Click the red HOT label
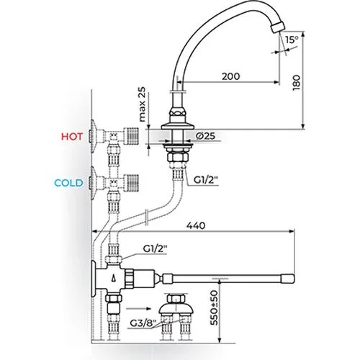point(72,137)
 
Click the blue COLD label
point(68,183)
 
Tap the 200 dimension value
point(230,76)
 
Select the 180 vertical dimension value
point(297,82)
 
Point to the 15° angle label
point(292,40)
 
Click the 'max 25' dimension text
point(143,104)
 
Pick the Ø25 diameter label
point(205,136)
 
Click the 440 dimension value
point(196,225)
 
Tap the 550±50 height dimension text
point(214,308)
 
